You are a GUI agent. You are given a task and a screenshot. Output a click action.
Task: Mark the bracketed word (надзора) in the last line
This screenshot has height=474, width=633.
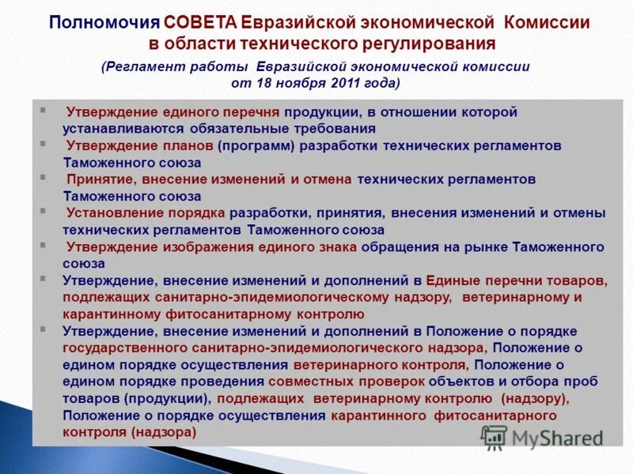pyautogui.click(x=165, y=432)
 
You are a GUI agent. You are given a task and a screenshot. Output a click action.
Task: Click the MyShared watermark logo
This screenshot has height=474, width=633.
pyautogui.click(x=542, y=438)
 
